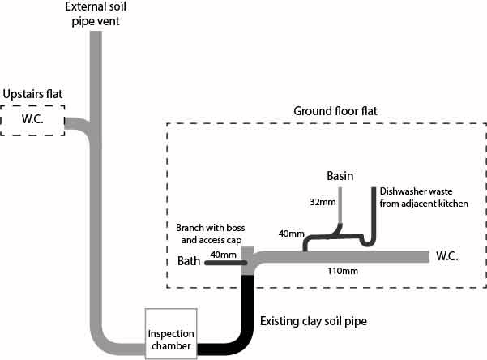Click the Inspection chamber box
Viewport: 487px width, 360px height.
pos(170,333)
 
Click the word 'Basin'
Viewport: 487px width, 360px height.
pos(341,176)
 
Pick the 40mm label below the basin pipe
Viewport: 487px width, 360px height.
pos(292,234)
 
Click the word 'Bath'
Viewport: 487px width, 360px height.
pos(189,262)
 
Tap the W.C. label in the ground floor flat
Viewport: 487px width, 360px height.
pos(449,256)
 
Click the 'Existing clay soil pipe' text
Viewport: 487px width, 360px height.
pos(313,323)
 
